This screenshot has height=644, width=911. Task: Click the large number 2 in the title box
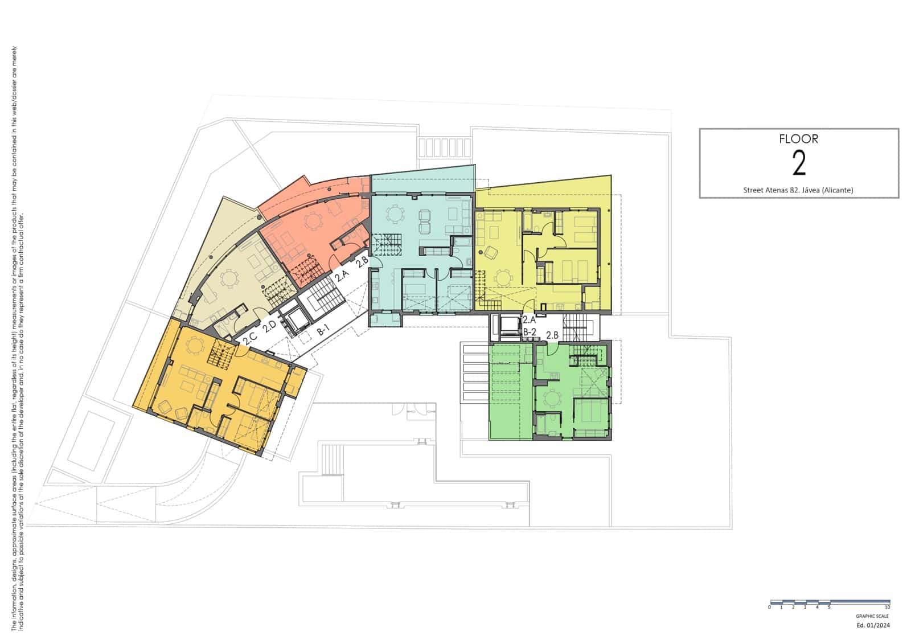click(x=799, y=163)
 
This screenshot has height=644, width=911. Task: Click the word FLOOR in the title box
click(x=799, y=138)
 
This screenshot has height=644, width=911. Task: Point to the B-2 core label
click(x=530, y=331)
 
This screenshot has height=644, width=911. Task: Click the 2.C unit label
click(x=249, y=338)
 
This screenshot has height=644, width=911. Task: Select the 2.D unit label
click(x=269, y=329)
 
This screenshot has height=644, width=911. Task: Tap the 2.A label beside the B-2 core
click(x=529, y=321)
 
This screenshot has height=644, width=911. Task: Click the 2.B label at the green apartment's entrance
click(x=552, y=335)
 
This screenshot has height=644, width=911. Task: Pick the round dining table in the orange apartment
click(x=195, y=344)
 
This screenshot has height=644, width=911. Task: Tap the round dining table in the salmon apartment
click(x=314, y=219)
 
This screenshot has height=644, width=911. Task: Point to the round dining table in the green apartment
click(x=552, y=397)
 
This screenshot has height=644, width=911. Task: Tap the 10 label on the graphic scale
click(x=887, y=608)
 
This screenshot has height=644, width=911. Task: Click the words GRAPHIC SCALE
click(x=872, y=616)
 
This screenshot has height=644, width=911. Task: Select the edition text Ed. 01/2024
click(x=873, y=625)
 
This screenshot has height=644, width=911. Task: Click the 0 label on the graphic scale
click(x=769, y=608)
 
